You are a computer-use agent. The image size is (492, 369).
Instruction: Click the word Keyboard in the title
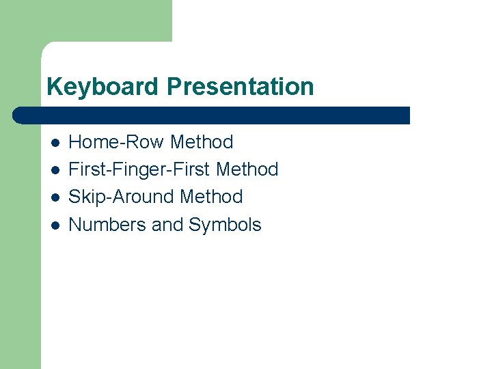coord(103,87)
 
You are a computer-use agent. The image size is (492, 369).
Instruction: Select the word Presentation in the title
coord(240,87)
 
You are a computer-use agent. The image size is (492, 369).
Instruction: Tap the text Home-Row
coord(117,142)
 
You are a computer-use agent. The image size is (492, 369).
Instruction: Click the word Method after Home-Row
coord(202,142)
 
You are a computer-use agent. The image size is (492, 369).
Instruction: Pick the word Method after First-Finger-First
coord(247,169)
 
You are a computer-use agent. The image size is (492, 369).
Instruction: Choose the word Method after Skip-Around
coord(211,197)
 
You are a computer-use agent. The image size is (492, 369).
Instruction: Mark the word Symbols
coord(225,225)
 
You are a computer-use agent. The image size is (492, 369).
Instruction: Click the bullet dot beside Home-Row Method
coord(55,143)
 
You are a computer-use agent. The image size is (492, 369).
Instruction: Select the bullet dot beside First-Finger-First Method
coord(55,170)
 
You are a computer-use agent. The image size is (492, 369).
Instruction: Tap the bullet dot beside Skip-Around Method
coord(55,197)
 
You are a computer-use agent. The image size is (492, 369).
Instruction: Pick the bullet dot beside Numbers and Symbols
coord(55,225)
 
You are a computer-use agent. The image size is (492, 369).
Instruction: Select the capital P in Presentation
coord(174,87)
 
